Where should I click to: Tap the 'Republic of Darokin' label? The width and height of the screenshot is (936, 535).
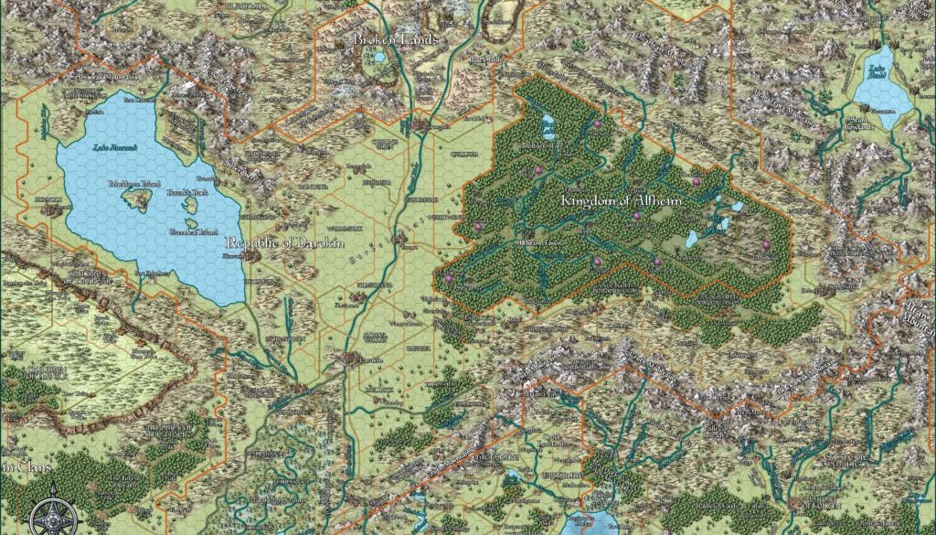[x=281, y=243]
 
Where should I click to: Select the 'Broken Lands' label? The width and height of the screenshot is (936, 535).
[x=397, y=39]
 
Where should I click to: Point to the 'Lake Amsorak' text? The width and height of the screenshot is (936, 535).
[x=115, y=146]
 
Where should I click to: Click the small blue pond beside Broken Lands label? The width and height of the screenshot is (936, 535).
[x=378, y=59]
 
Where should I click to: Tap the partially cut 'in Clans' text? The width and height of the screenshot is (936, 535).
[x=16, y=466]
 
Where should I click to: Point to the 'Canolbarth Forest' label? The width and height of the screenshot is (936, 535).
[x=546, y=144]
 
